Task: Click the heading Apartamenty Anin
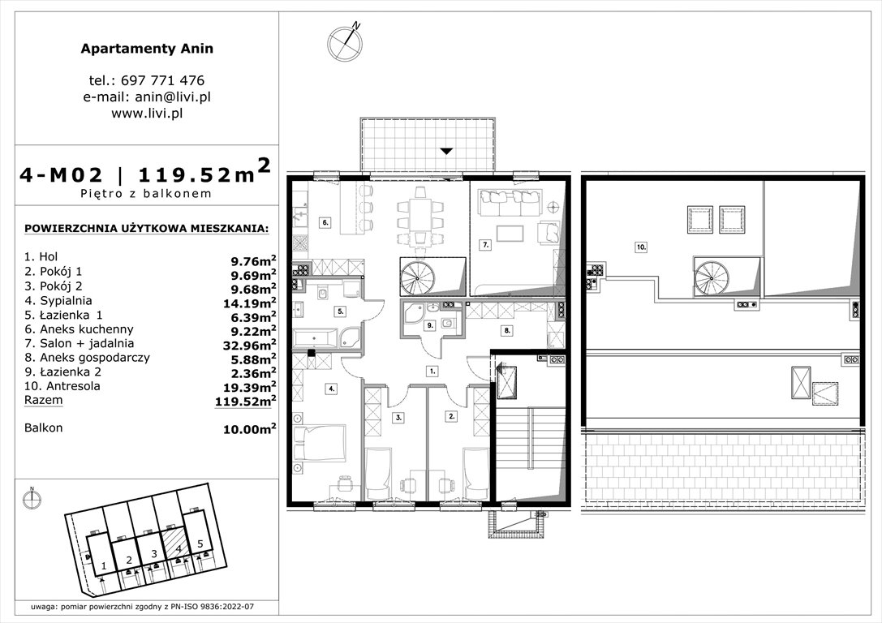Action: (147, 49)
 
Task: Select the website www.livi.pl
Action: (147, 113)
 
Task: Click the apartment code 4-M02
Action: (62, 174)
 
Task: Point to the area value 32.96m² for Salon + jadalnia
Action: (251, 342)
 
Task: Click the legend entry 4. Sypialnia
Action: (57, 300)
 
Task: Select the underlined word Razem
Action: (43, 401)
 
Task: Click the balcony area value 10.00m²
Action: (251, 429)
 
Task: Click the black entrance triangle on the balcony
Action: (445, 152)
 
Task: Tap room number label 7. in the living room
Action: (485, 243)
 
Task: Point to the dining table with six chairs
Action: (420, 217)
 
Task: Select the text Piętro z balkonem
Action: (147, 194)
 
